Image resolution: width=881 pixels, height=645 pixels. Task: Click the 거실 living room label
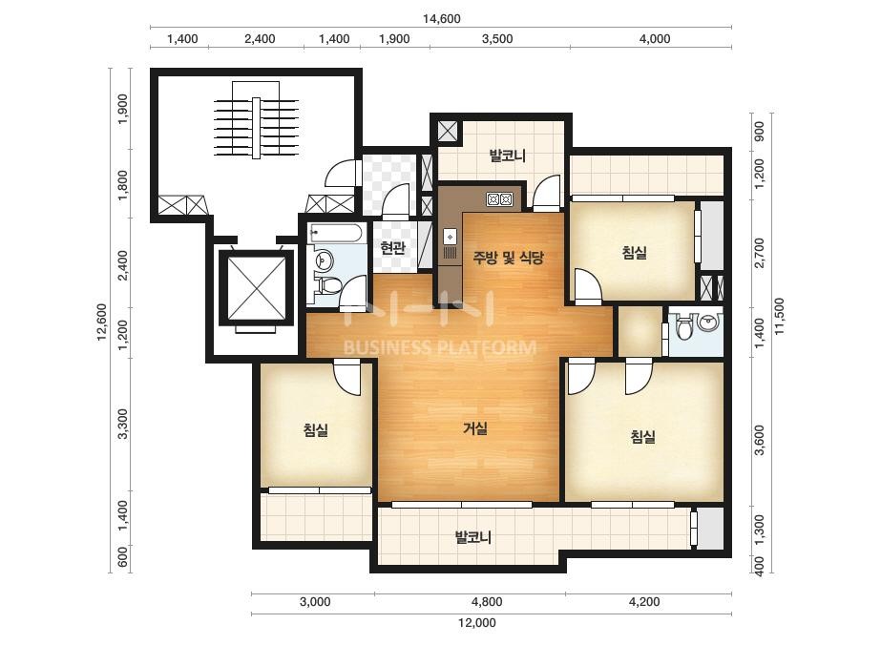pyautogui.click(x=474, y=428)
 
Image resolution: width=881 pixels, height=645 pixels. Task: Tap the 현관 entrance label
pyautogui.click(x=392, y=248)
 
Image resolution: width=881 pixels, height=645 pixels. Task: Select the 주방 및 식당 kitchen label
pyautogui.click(x=509, y=258)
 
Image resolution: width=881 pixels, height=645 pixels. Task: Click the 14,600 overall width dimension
pyautogui.click(x=442, y=18)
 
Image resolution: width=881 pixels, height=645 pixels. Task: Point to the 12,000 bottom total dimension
pyautogui.click(x=477, y=622)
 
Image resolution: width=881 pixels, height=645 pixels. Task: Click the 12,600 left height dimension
pyautogui.click(x=102, y=322)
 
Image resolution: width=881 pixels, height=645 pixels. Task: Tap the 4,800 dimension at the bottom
pyautogui.click(x=487, y=602)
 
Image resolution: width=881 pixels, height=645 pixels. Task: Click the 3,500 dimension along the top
pyautogui.click(x=497, y=39)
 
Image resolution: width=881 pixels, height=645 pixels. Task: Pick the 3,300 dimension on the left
pyautogui.click(x=123, y=425)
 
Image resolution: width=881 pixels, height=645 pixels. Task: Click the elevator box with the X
pyautogui.click(x=256, y=288)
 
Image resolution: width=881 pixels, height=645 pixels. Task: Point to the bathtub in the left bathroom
pyautogui.click(x=337, y=233)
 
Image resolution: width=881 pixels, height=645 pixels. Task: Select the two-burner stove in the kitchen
pyautogui.click(x=499, y=198)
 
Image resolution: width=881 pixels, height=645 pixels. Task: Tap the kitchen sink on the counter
pyautogui.click(x=451, y=237)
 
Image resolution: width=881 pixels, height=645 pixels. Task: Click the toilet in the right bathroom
pyautogui.click(x=683, y=328)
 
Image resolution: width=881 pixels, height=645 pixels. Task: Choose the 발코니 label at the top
pyautogui.click(x=508, y=156)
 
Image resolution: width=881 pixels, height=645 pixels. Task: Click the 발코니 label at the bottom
pyautogui.click(x=473, y=538)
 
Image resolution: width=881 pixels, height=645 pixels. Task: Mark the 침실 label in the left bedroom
pyautogui.click(x=316, y=430)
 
